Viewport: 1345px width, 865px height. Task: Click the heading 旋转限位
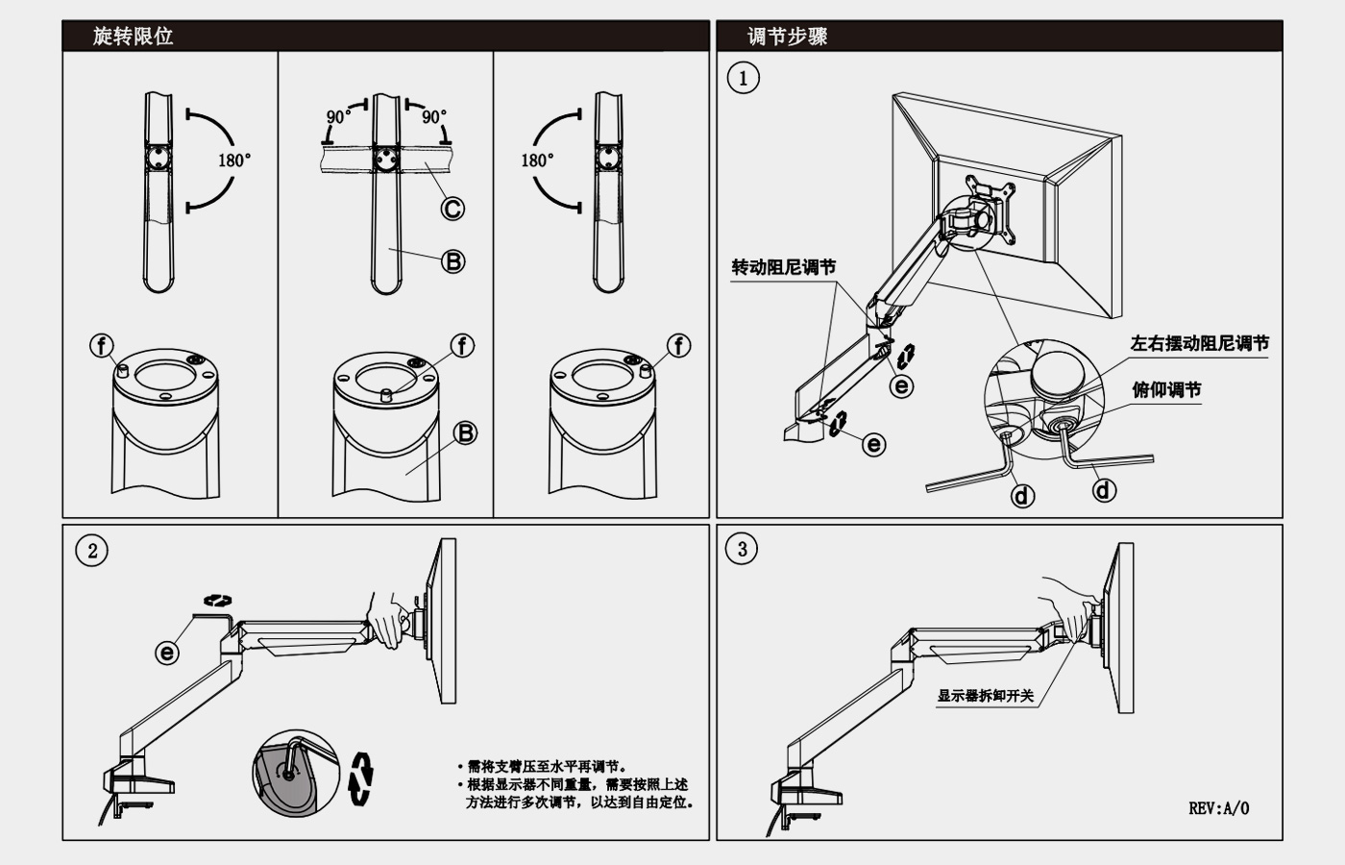click(x=133, y=37)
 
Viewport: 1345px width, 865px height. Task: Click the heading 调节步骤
click(x=788, y=37)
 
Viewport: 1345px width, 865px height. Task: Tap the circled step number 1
click(x=743, y=78)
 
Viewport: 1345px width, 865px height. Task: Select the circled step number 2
click(x=92, y=551)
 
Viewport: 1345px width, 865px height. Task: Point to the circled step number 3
click(x=742, y=550)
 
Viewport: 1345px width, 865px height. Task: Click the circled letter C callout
click(x=452, y=208)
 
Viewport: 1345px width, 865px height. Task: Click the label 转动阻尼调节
click(x=783, y=267)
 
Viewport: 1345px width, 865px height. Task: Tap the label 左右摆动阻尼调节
click(x=1199, y=343)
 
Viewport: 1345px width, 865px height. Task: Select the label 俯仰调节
click(x=1166, y=389)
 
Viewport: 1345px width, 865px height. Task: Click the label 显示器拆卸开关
click(x=985, y=695)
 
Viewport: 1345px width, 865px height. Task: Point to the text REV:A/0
click(x=1218, y=808)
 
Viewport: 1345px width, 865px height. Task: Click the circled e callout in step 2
click(x=167, y=653)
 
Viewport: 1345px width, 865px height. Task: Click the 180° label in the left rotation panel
click(x=233, y=161)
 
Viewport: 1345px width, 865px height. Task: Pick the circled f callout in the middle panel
click(x=463, y=346)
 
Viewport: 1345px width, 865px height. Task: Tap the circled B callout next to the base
click(x=465, y=432)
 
